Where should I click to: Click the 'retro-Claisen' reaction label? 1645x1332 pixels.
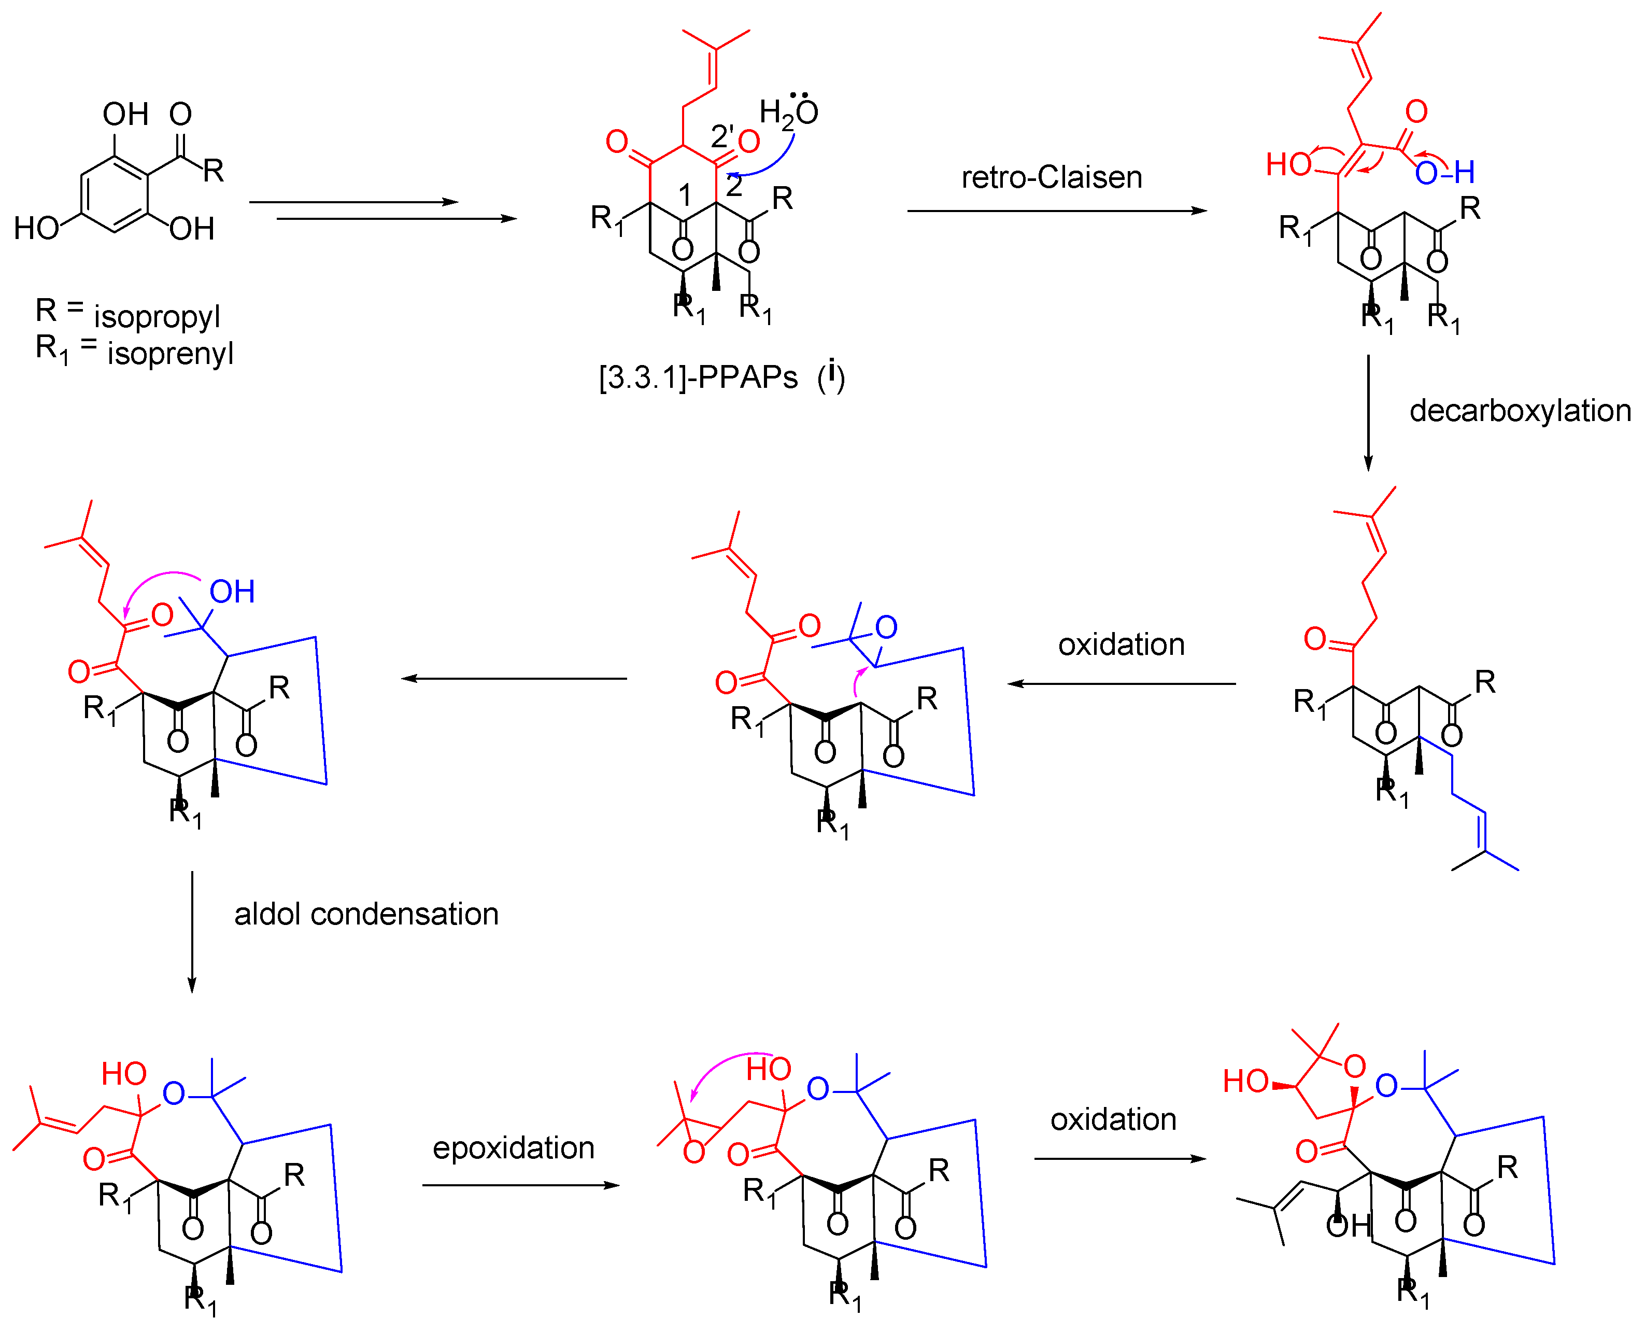point(1052,177)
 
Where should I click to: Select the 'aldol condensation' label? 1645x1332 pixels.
point(366,914)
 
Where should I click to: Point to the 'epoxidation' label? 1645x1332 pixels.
point(513,1147)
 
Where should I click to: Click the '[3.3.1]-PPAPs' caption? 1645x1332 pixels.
point(698,377)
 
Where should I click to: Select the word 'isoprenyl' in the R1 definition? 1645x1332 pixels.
point(169,353)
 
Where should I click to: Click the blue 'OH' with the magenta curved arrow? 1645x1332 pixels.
point(232,592)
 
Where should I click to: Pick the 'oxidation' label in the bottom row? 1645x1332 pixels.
point(1113,1119)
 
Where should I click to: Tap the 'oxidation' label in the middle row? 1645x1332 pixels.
point(1121,644)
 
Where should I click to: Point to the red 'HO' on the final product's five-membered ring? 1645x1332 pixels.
point(1245,1081)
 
